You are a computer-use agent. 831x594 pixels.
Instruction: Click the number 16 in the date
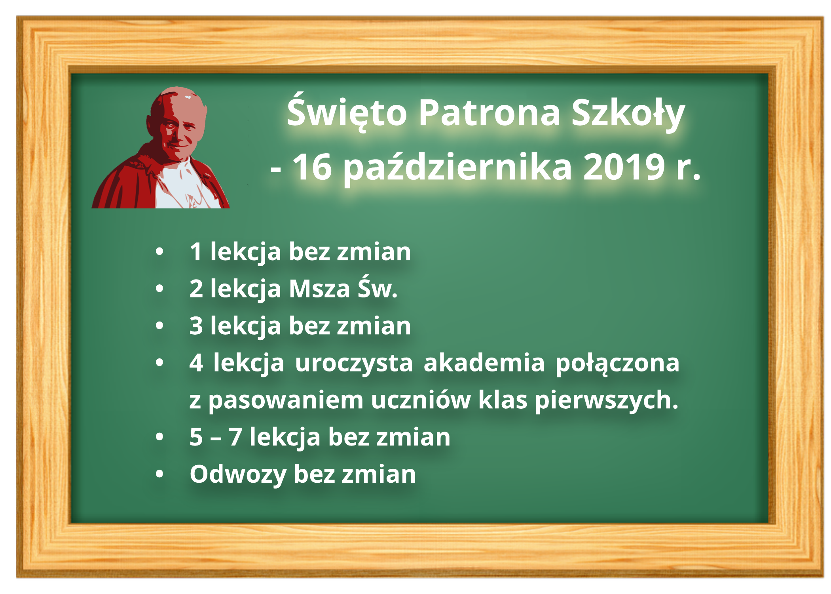click(312, 167)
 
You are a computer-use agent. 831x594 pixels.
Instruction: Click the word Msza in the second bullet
click(319, 289)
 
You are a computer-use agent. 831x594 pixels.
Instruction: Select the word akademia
click(484, 362)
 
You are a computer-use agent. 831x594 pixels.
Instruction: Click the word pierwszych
click(606, 400)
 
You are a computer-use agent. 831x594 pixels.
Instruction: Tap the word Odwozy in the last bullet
click(238, 475)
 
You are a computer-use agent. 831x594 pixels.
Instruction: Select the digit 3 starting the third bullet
click(196, 326)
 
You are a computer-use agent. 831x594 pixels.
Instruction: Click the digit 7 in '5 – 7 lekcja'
click(235, 437)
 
